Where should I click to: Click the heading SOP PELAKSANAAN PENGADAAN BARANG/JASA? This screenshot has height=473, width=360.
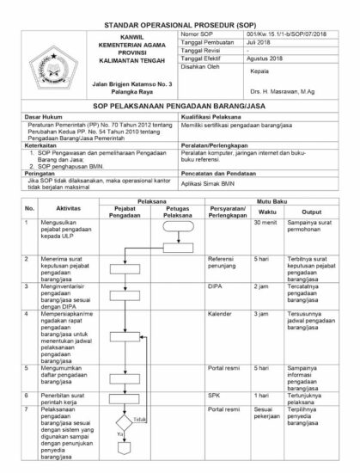(x=180, y=103)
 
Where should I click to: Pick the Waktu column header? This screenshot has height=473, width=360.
(x=267, y=211)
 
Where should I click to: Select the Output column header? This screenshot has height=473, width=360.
(x=311, y=211)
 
